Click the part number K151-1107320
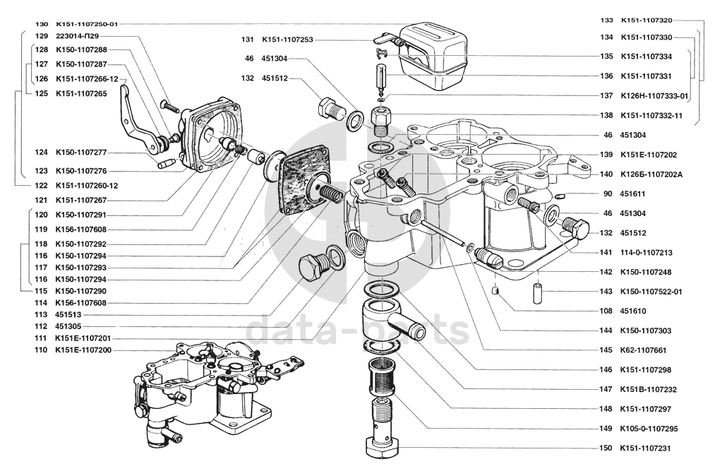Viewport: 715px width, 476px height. (x=646, y=20)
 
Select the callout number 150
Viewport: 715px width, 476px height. (x=606, y=448)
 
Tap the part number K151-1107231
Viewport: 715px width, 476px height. (x=646, y=448)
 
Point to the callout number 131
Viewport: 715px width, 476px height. (x=247, y=40)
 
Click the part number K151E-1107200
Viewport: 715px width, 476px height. (x=83, y=350)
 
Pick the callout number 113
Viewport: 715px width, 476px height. (x=40, y=315)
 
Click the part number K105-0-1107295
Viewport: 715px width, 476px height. (x=649, y=429)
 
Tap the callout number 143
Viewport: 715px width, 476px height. (x=606, y=292)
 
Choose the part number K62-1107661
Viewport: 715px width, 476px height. (x=643, y=350)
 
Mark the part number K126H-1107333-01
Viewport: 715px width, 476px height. (x=654, y=95)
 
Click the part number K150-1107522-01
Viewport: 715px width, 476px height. (x=651, y=292)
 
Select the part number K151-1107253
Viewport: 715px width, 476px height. (x=287, y=40)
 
